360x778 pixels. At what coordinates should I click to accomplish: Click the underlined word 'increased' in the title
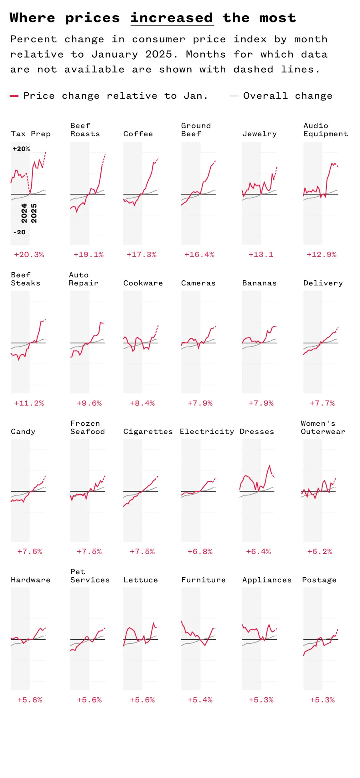(172, 18)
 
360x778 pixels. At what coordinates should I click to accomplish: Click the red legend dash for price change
(14, 96)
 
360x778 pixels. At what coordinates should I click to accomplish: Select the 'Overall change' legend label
(288, 96)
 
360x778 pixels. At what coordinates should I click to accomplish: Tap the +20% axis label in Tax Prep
(21, 149)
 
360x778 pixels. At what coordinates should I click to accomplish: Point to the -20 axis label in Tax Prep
(20, 232)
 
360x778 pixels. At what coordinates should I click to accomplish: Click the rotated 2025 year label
(34, 213)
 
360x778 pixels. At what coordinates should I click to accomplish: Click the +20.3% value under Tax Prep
(29, 255)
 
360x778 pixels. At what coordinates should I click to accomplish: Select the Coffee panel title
(138, 134)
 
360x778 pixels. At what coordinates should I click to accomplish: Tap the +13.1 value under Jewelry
(261, 255)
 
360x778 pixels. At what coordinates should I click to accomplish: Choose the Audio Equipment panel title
(325, 130)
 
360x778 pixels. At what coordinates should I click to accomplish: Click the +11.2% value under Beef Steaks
(29, 403)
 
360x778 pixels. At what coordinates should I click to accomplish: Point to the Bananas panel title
(259, 283)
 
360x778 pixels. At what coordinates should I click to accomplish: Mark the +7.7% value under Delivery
(322, 403)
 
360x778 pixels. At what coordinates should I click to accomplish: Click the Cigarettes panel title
(148, 432)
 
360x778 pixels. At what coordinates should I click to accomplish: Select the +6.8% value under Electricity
(200, 552)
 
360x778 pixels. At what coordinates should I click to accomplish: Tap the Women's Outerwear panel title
(323, 427)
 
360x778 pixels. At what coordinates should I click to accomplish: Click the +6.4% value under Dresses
(258, 552)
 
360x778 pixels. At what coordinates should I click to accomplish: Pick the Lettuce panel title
(140, 580)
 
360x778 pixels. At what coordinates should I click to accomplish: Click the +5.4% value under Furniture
(200, 700)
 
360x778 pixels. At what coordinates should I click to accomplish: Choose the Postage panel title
(319, 580)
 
